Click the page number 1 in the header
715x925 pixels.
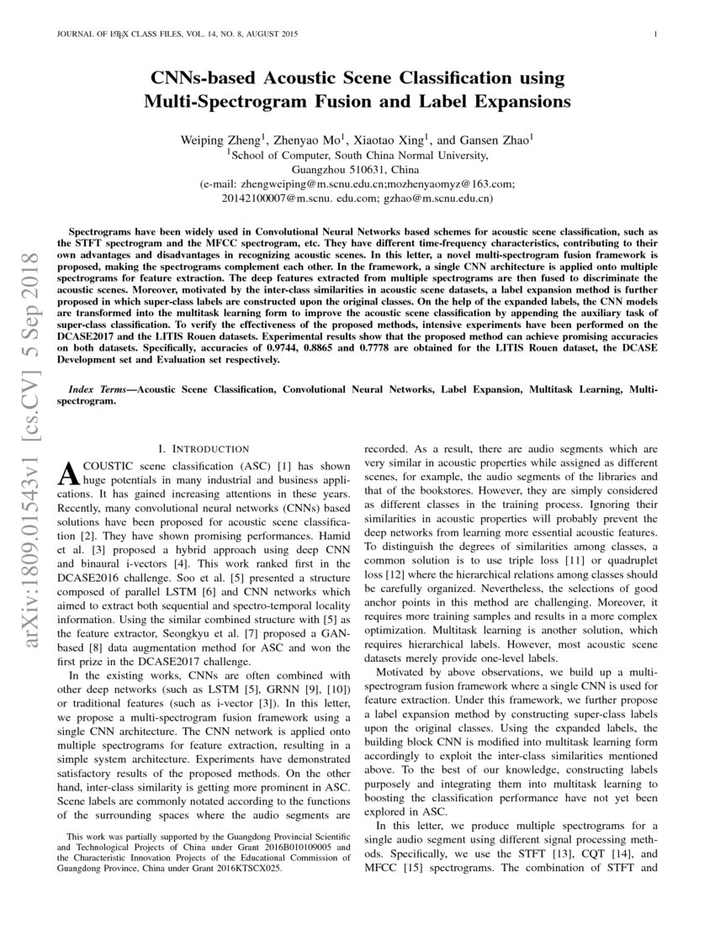tap(654, 34)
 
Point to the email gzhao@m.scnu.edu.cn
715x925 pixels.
tap(437, 198)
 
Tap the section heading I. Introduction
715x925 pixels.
tap(204, 450)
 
